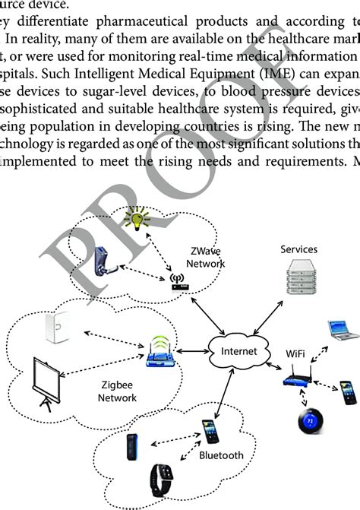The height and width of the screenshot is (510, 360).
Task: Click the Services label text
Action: coord(298,249)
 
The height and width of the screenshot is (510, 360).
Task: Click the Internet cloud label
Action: coord(234,352)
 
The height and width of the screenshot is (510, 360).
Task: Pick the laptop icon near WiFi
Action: coord(341,329)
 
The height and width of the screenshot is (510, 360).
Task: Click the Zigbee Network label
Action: coord(116,391)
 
